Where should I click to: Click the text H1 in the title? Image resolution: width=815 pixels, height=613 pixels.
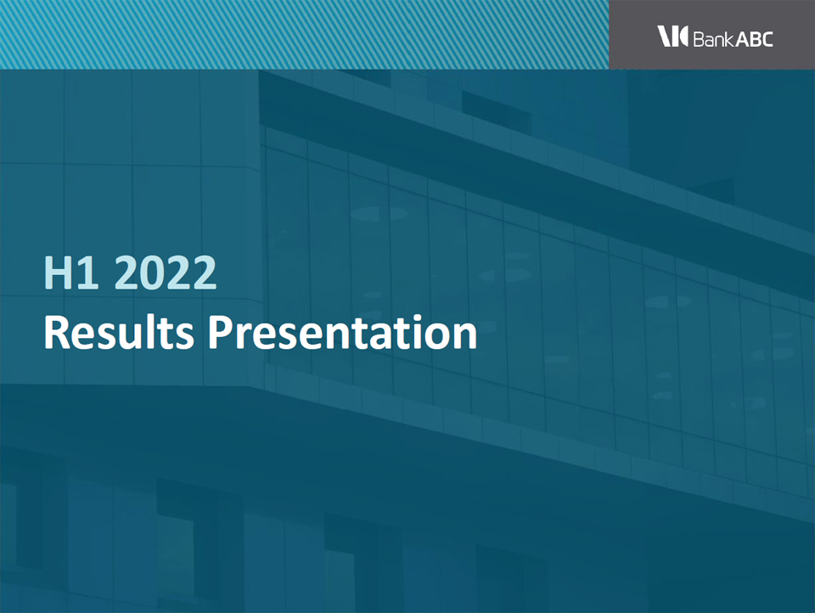click(71, 273)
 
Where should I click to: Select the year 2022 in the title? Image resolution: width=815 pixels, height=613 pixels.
click(165, 273)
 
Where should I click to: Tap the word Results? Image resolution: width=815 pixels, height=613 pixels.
click(119, 332)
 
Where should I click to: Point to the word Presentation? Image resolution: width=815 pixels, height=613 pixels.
click(342, 332)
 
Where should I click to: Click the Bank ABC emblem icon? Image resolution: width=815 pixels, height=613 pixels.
click(672, 36)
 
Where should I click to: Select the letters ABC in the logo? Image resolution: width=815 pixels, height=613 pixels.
click(754, 39)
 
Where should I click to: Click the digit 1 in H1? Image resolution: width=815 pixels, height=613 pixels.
click(88, 273)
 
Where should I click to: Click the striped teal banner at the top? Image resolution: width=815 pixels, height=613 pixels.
click(305, 34)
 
